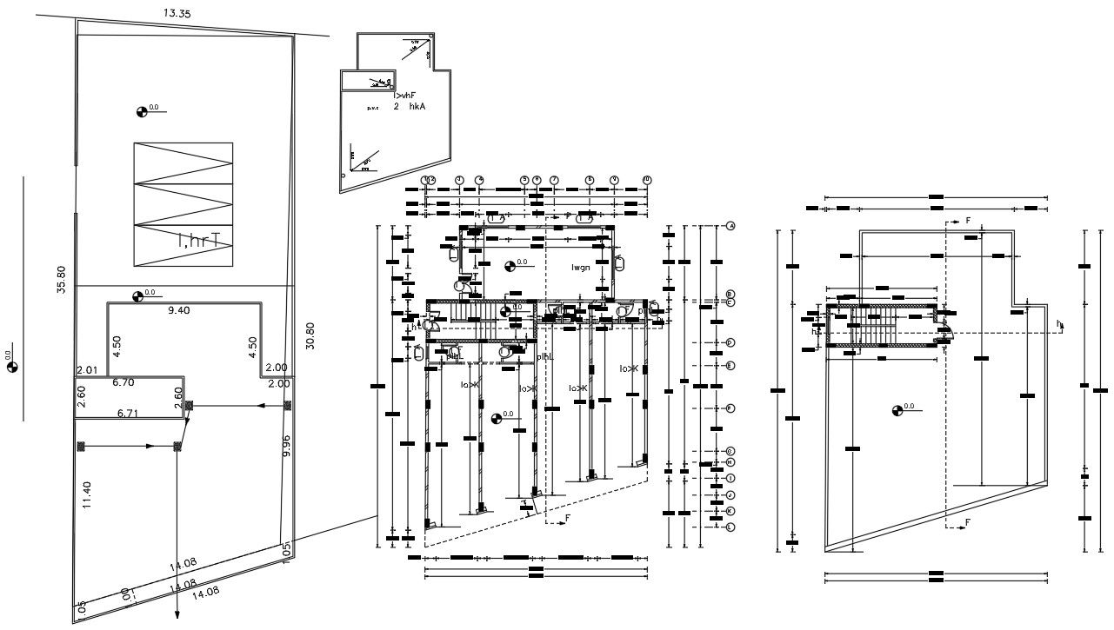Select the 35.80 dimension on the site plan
click(61, 280)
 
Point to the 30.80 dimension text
click(310, 336)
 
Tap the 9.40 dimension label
click(178, 310)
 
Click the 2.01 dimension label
click(85, 369)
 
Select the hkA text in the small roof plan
click(418, 106)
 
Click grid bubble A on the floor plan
click(730, 226)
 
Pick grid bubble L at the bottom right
click(730, 527)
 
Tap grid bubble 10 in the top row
click(646, 180)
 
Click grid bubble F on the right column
click(730, 408)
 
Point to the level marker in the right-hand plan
click(897, 409)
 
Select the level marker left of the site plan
click(12, 367)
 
